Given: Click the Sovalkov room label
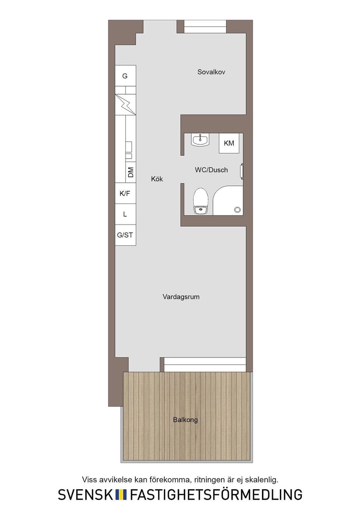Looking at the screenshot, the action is pos(211,72).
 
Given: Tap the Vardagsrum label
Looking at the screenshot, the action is pos(181,297).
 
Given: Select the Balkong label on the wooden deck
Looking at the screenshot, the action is pos(185,419).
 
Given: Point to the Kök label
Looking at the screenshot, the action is pos(157,179).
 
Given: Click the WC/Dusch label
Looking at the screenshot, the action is pos(211,170).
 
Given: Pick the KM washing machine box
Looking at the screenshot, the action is pos(229,143).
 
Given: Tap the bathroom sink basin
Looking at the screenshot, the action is pos(200,139).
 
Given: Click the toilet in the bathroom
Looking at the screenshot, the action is pos(201,201).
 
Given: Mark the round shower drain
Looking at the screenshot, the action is pos(237,210).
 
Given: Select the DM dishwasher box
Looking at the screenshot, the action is pos(131,172).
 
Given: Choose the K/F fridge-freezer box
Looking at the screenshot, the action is pos(126,193).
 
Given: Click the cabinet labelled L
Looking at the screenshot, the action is pos(126,214).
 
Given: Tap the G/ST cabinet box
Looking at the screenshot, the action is pos(126,235).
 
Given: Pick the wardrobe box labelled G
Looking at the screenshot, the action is pos(126,76).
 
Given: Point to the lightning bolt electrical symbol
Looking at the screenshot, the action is pos(126,104).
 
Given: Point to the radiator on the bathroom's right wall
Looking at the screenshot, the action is pos(242,170).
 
